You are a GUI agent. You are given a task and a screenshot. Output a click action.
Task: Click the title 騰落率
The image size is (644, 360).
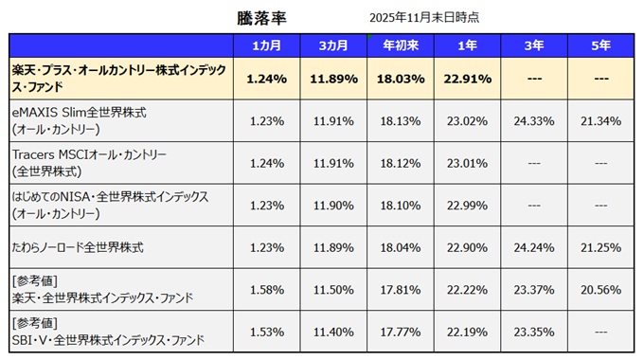[x=260, y=18]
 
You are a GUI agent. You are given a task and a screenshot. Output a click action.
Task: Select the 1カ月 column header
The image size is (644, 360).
[x=265, y=45]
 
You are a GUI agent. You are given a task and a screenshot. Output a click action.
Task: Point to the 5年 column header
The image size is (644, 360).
[x=600, y=45]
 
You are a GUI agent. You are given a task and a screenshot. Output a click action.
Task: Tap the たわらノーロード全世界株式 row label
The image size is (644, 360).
[x=77, y=246]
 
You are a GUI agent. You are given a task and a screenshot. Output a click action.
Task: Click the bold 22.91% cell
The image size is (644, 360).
[x=466, y=79]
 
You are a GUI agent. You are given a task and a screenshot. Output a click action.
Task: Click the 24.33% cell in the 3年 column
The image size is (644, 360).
[x=533, y=120]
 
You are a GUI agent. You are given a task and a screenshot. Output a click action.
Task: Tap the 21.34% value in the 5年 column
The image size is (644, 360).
[x=600, y=120]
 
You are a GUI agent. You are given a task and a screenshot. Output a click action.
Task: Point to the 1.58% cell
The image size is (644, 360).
[x=265, y=289]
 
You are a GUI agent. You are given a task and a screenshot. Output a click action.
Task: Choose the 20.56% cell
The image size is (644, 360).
[x=600, y=289]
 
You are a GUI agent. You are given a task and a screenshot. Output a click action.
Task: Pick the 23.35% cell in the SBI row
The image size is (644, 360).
[x=533, y=332]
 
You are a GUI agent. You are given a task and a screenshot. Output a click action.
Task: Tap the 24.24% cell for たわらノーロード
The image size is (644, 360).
[x=533, y=247]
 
